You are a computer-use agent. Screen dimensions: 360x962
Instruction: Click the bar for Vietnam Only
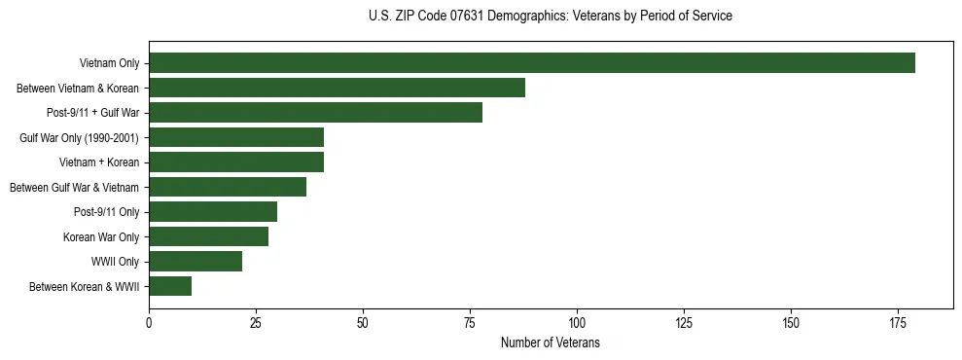coord(532,63)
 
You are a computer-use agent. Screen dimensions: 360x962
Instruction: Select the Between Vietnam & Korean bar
coord(337,88)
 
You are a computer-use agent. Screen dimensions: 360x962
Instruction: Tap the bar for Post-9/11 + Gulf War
coord(315,113)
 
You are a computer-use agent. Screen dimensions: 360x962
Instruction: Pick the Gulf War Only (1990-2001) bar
coord(236,137)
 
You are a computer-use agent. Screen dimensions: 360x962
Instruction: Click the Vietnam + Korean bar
coord(236,162)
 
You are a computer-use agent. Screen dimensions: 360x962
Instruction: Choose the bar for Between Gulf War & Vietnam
coord(228,187)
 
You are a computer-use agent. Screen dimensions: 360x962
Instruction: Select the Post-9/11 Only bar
coord(213,211)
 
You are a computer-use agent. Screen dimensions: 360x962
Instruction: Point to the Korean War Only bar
coord(208,236)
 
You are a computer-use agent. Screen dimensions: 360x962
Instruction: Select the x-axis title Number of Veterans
coord(551,343)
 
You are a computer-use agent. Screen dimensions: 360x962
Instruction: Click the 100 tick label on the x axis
coord(577,323)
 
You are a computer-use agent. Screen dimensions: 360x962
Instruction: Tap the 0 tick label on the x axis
coord(149,323)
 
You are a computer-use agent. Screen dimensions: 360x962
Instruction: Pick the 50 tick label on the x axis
coord(363,323)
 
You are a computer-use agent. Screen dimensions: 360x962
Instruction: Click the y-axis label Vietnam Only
coord(110,64)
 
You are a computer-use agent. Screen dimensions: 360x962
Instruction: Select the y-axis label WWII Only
coord(115,262)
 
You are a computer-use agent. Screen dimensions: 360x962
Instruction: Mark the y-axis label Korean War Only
coord(101,237)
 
